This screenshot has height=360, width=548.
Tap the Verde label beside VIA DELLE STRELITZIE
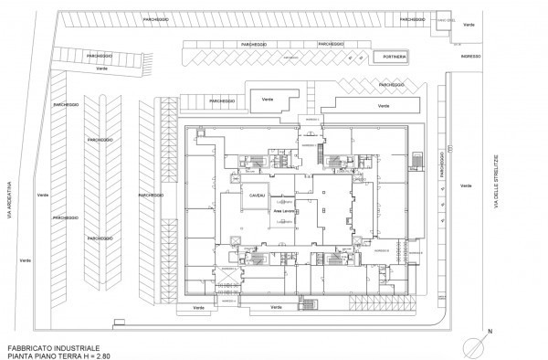click(468, 185)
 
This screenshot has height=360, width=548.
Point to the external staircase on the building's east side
click(417, 161)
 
